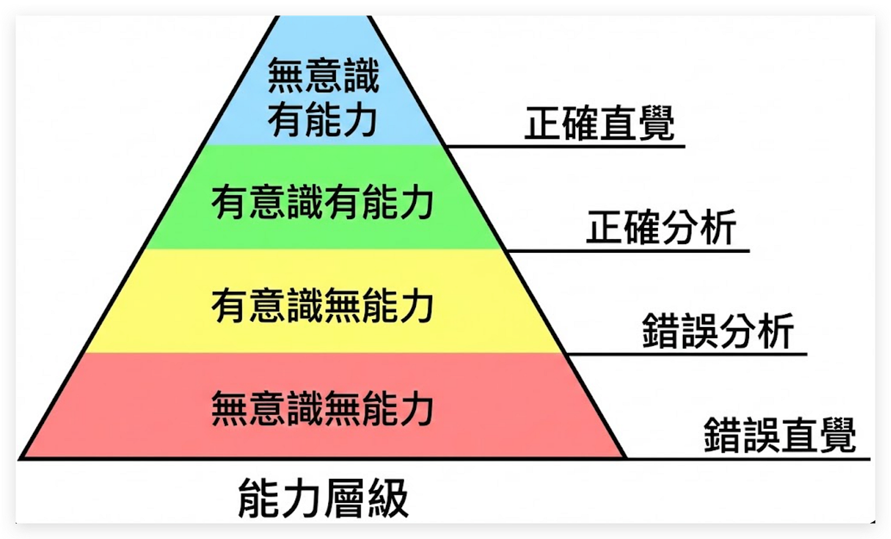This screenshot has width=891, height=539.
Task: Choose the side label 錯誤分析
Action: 718,331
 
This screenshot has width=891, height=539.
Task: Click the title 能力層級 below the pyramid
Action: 322,499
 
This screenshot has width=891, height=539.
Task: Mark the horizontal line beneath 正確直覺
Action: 566,146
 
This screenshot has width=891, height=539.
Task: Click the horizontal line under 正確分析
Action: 627,251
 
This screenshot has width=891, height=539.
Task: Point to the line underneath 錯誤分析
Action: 685,354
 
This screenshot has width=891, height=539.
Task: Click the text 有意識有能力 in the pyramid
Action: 322,203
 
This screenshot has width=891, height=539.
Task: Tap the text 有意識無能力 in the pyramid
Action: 322,306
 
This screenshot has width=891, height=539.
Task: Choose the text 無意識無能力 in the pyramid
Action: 322,409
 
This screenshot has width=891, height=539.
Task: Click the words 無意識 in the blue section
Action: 323,75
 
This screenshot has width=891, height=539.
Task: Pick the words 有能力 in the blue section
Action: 322,119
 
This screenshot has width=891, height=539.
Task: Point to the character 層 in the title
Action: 347,499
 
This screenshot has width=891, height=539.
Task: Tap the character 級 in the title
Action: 388,499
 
